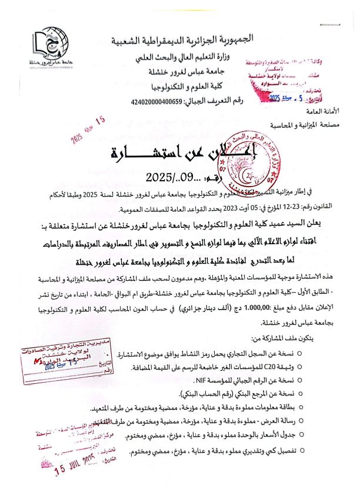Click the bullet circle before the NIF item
pyautogui.click(x=299, y=380)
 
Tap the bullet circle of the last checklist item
pyautogui.click(x=299, y=450)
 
